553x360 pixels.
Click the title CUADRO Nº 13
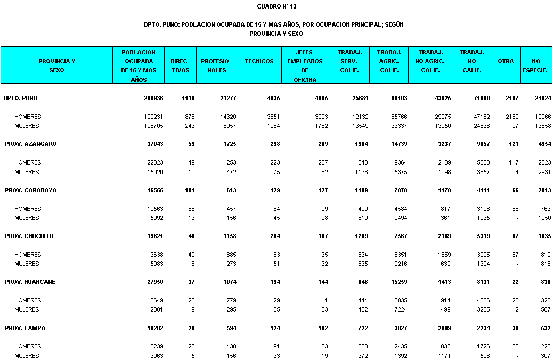tap(276, 6)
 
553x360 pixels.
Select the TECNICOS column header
tap(259, 61)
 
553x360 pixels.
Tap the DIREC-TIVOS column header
tap(181, 66)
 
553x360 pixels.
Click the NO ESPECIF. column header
tap(535, 66)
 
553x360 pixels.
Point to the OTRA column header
tap(506, 61)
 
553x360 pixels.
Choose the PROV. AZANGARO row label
tap(30, 144)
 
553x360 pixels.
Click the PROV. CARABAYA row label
tap(30, 190)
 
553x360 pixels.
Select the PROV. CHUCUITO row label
tap(29, 236)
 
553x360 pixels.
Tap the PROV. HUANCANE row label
tap(30, 282)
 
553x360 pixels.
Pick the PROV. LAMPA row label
tap(25, 328)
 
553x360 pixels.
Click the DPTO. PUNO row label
tap(20, 98)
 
